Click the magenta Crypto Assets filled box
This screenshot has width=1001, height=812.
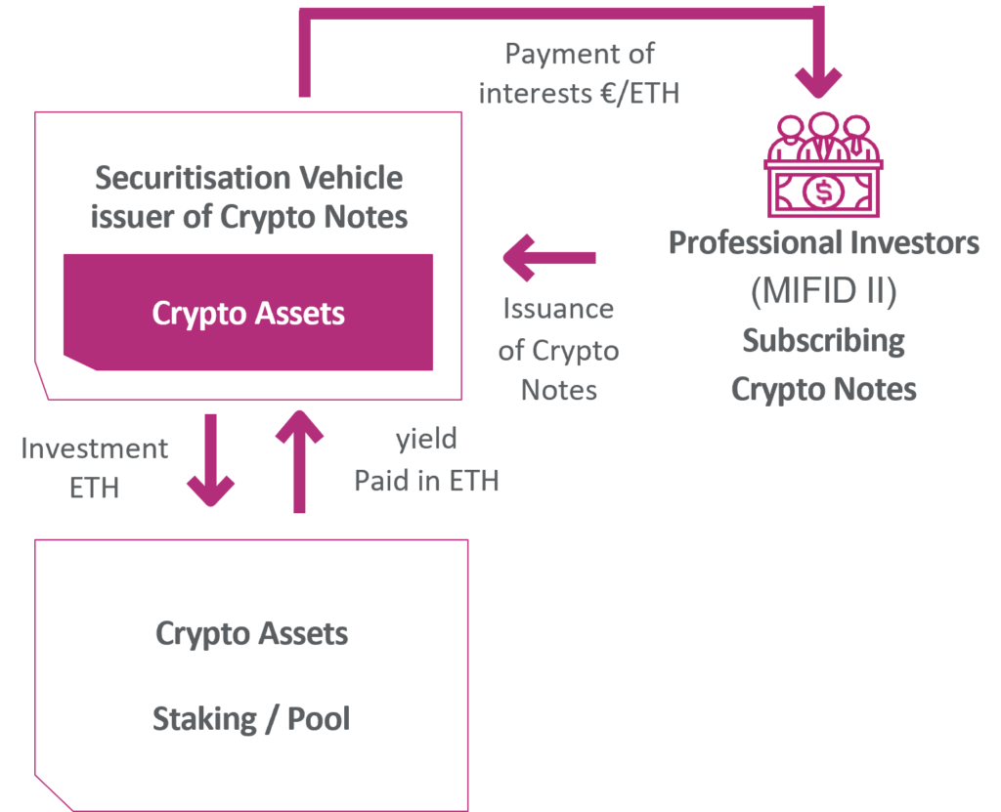(x=248, y=312)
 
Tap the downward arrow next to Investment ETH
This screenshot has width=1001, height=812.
(x=211, y=459)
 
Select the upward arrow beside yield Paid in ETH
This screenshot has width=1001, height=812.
(x=299, y=461)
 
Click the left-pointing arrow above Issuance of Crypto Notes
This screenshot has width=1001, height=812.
(x=549, y=258)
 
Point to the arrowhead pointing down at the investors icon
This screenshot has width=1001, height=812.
(x=818, y=83)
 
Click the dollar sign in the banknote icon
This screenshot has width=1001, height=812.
(x=824, y=191)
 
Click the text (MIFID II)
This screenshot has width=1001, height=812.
(x=823, y=290)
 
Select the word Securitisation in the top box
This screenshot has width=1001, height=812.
(x=193, y=178)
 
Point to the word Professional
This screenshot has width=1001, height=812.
(x=754, y=242)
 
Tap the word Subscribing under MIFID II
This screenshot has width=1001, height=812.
(x=823, y=341)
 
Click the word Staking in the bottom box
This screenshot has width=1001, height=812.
(x=204, y=719)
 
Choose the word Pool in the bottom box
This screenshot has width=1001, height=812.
(x=319, y=719)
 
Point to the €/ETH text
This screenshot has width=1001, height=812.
(x=639, y=93)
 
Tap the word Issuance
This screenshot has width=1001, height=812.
(x=558, y=309)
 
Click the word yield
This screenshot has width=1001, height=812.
(x=426, y=440)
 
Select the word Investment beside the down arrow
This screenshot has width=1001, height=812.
(x=95, y=449)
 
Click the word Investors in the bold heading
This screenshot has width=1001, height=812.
(x=915, y=242)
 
